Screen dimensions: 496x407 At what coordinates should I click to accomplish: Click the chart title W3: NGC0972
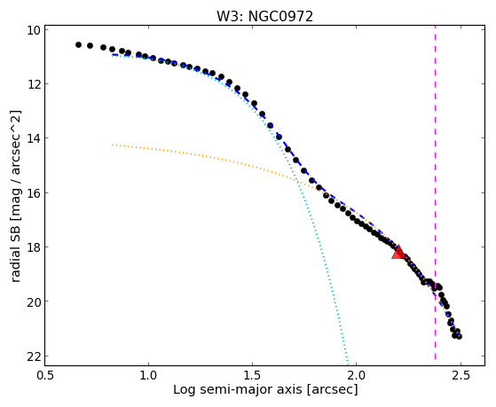264,16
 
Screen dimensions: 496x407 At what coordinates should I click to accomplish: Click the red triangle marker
398,252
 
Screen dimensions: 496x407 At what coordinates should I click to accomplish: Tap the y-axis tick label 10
33,30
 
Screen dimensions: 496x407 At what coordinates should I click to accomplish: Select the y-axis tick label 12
33,84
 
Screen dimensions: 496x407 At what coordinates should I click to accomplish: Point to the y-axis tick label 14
33,138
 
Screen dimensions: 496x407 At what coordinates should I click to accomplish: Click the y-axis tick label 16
33,193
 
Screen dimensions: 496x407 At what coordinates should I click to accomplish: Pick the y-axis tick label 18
33,247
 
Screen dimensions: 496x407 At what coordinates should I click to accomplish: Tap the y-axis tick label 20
33,301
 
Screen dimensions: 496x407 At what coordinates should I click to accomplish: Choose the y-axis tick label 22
33,356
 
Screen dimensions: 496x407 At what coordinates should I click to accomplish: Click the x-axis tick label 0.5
45,375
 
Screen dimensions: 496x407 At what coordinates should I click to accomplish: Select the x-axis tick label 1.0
148,375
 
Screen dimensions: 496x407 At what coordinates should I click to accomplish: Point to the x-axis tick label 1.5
252,375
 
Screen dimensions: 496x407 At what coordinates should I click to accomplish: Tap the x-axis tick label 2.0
356,375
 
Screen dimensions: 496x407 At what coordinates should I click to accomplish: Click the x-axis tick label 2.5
461,375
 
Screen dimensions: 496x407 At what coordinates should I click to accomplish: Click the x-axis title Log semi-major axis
237,389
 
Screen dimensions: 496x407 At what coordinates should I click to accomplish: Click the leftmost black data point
78,45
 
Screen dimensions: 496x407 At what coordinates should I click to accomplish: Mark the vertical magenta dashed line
436,192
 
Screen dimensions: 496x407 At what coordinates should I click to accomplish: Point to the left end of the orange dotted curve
113,145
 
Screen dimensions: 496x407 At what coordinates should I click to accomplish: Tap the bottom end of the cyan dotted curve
348,364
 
